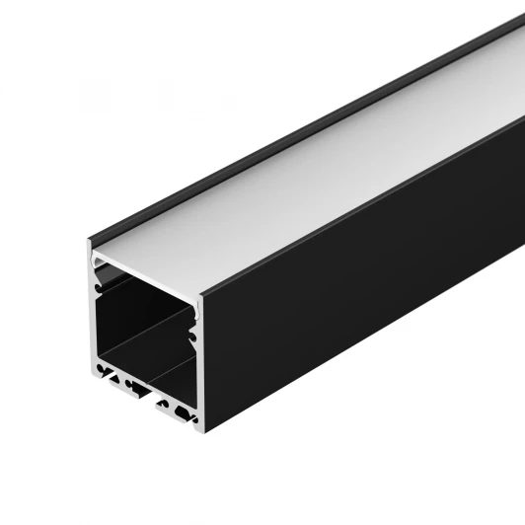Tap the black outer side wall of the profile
pos(365,296)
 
